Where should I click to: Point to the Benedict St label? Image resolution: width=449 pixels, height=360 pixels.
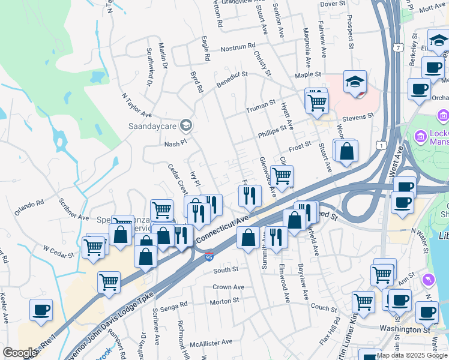point(232,81)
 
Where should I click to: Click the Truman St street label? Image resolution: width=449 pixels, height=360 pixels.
point(261,110)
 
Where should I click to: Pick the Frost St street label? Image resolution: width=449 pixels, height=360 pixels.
point(300,145)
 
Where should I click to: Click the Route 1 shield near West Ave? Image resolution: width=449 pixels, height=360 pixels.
point(379,145)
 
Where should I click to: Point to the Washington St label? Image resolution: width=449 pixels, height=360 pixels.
point(405,329)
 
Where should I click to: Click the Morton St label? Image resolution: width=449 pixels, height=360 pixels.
point(224,301)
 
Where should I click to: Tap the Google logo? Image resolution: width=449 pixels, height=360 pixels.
point(20,353)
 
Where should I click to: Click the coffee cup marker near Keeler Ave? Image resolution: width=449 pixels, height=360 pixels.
point(41,310)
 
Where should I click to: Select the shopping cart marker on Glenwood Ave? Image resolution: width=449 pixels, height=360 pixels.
point(282,176)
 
